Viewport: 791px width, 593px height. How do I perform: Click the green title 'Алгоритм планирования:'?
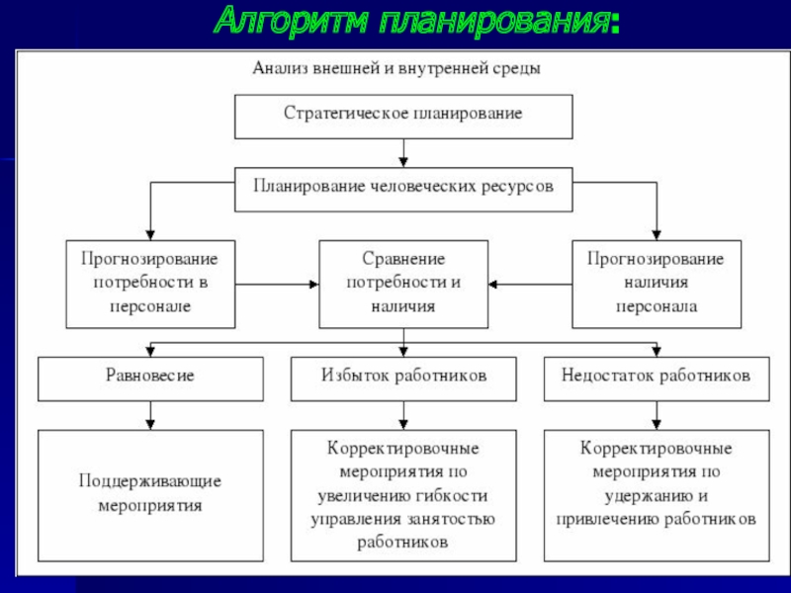pos(416,21)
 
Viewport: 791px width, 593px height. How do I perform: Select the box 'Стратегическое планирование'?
pos(403,117)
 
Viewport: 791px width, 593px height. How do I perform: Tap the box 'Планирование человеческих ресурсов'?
pos(403,190)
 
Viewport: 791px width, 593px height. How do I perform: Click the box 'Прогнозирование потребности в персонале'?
pos(150,285)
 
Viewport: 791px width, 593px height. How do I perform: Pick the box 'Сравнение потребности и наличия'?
pos(403,285)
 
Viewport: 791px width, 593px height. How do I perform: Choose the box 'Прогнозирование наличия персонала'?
pos(657,285)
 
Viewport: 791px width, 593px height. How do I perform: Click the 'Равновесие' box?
pos(150,380)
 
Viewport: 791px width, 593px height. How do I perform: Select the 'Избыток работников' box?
pos(403,380)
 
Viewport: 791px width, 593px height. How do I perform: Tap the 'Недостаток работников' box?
pos(657,380)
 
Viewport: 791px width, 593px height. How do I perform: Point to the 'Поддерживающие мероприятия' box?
pos(150,496)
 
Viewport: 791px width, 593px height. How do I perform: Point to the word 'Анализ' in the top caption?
pos(280,68)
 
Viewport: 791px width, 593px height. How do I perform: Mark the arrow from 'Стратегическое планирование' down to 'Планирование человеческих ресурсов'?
pos(403,153)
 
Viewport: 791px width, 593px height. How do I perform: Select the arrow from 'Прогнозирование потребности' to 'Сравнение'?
pos(277,285)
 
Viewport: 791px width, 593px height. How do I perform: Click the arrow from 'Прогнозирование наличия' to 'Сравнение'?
pos(530,285)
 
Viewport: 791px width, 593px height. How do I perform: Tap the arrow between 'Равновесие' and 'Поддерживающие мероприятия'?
pos(150,416)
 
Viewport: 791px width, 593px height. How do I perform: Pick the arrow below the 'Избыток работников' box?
pos(403,416)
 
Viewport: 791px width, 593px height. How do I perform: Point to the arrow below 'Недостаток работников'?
pos(657,416)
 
